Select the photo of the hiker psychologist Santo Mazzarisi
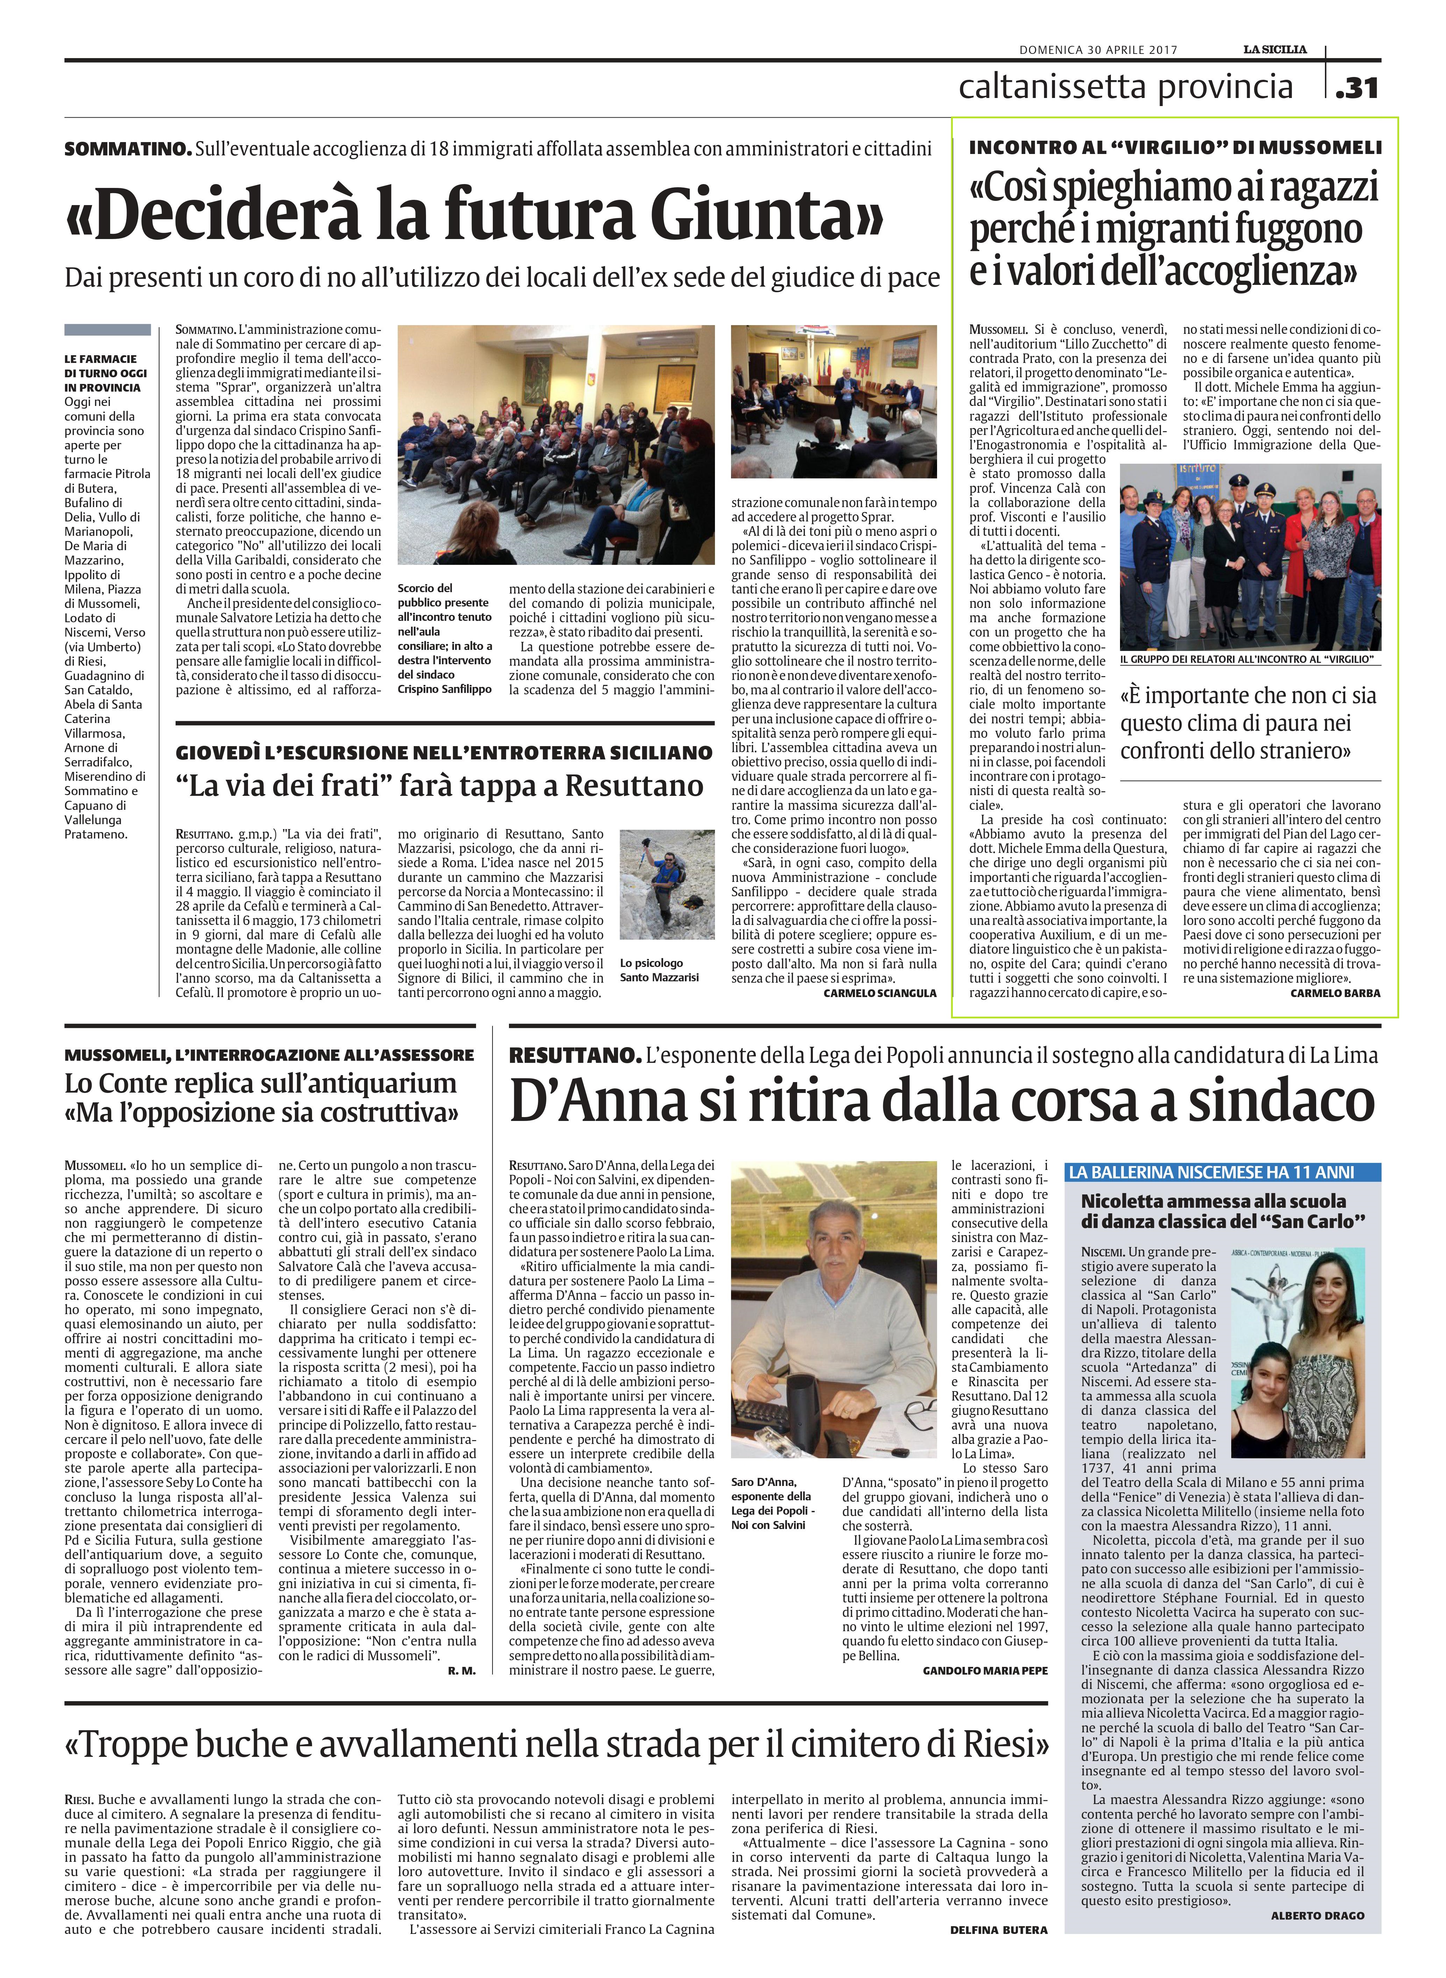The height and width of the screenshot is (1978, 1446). [667, 884]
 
